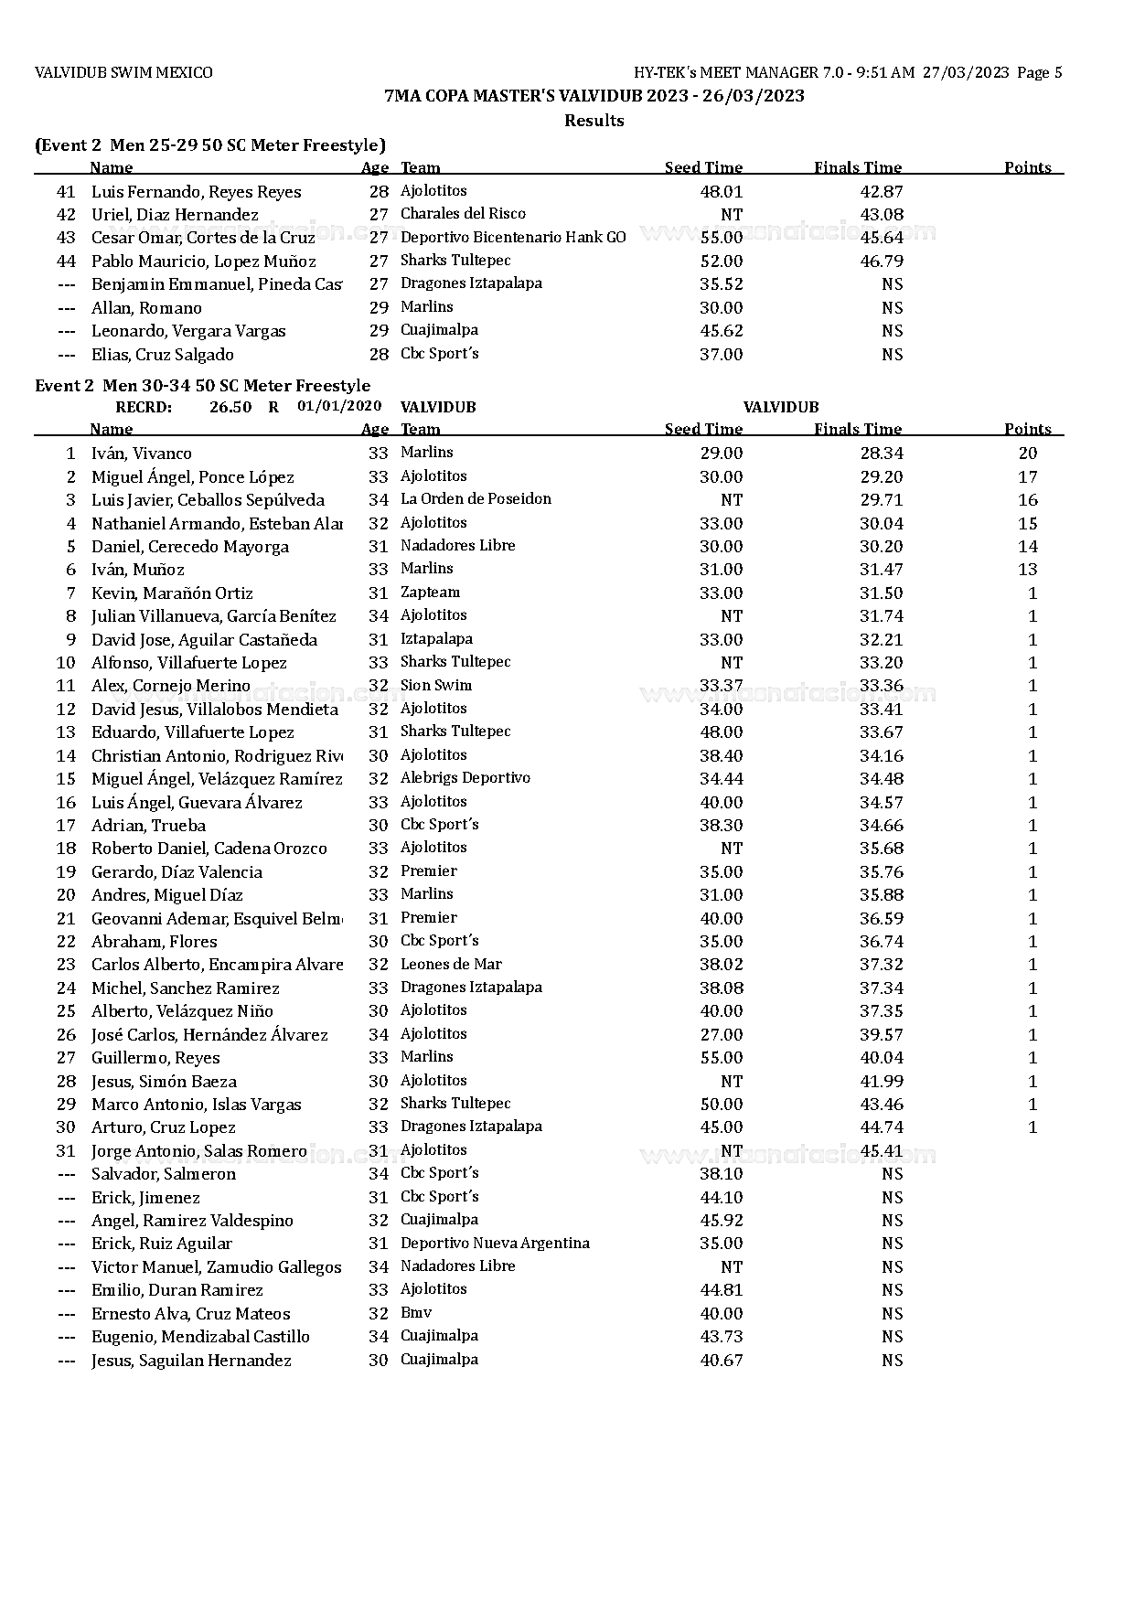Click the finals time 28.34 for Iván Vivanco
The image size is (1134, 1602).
click(882, 454)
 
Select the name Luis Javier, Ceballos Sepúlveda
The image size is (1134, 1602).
click(208, 500)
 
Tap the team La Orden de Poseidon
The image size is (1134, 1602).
click(476, 499)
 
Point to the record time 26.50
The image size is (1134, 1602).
click(230, 407)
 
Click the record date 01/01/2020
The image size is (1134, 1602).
click(339, 406)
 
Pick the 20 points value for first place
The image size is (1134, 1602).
click(1028, 454)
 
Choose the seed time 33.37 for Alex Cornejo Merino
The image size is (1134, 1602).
click(721, 686)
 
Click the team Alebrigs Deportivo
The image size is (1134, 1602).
click(465, 778)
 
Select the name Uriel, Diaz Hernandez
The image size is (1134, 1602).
click(175, 215)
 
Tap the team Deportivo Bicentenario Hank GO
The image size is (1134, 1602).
click(513, 238)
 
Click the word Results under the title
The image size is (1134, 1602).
click(594, 121)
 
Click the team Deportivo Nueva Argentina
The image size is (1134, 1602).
click(495, 1244)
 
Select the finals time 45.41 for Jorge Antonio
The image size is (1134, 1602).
click(882, 1150)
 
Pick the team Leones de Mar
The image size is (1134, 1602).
click(451, 965)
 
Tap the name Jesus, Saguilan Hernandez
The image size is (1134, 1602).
click(191, 1361)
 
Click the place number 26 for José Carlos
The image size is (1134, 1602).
click(66, 1035)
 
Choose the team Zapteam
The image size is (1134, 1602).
click(430, 593)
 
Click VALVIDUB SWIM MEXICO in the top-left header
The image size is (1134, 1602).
click(123, 73)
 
